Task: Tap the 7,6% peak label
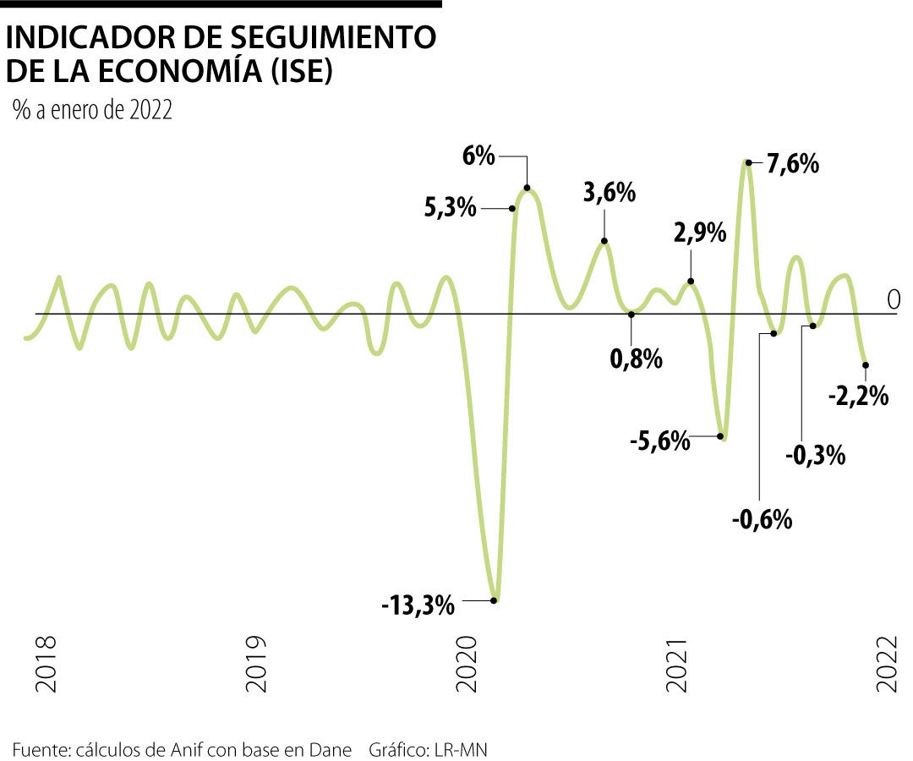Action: pyautogui.click(x=792, y=163)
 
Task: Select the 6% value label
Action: pyautogui.click(x=478, y=156)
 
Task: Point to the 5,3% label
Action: pyautogui.click(x=451, y=207)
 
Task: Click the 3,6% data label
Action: pyautogui.click(x=609, y=193)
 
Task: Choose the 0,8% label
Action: pyautogui.click(x=636, y=359)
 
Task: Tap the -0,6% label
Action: pyautogui.click(x=762, y=518)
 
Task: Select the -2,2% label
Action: pyautogui.click(x=859, y=395)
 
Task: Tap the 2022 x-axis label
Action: pyautogui.click(x=888, y=665)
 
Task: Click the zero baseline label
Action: pyautogui.click(x=894, y=299)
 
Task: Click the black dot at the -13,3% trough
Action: pyautogui.click(x=495, y=601)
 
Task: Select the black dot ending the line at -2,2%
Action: pyautogui.click(x=866, y=365)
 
